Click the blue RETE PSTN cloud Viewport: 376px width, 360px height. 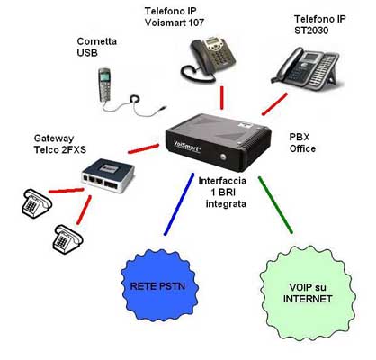[x=159, y=286]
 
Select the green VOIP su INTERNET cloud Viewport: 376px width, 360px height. [x=308, y=292]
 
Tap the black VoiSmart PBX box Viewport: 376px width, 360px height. [x=219, y=142]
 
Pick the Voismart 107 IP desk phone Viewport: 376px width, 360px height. [x=208, y=59]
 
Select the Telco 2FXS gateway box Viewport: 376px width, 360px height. [x=108, y=175]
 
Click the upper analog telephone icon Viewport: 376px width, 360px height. [x=37, y=203]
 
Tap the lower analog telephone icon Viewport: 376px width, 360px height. [x=67, y=239]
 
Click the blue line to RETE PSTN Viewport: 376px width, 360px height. [x=179, y=204]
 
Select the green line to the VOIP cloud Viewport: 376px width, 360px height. [x=275, y=205]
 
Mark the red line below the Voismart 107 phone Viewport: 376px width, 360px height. [x=222, y=98]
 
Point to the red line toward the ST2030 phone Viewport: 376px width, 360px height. [x=274, y=104]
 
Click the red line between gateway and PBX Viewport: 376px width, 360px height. [x=143, y=148]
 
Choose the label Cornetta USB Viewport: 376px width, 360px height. [x=96, y=47]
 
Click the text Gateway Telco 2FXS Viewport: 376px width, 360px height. [x=60, y=144]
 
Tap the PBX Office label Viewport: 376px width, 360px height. [x=302, y=143]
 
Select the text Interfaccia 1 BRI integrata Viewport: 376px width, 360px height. [x=222, y=193]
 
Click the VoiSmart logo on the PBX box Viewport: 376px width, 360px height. [x=187, y=147]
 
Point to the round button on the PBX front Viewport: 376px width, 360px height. [x=223, y=157]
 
